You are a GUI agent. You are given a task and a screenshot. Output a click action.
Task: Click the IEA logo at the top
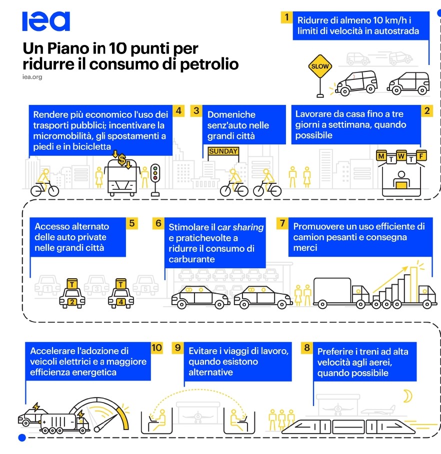[x=45, y=21]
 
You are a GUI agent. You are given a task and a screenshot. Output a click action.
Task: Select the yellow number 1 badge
[x=286, y=18]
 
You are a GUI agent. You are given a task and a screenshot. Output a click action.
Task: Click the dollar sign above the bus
[x=122, y=160]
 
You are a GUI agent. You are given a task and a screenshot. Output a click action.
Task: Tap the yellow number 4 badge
[x=178, y=110]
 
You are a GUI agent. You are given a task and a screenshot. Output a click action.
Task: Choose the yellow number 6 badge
[x=158, y=223]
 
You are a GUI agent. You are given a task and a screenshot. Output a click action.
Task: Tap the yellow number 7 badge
[x=282, y=223]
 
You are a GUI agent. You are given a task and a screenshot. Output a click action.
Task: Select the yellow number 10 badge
[x=157, y=348]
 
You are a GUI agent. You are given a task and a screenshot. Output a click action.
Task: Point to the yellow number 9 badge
[x=177, y=348]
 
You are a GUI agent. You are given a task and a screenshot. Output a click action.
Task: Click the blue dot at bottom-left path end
[x=21, y=438]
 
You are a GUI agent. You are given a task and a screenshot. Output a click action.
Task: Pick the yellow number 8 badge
[x=307, y=348]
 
